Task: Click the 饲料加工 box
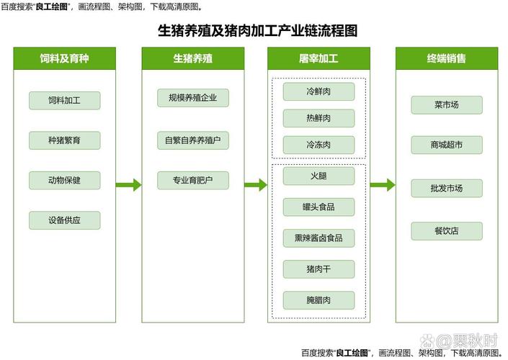[64, 100]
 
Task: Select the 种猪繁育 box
[64, 140]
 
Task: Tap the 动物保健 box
[64, 180]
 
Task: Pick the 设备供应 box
[64, 220]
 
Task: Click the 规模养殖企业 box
[193, 98]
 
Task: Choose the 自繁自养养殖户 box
[193, 140]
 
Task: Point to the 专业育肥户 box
[193, 180]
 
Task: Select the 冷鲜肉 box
[318, 91]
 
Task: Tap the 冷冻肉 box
[318, 145]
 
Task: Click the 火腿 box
[318, 176]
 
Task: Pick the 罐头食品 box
[318, 207]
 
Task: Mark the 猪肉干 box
[318, 269]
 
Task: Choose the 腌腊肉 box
[318, 300]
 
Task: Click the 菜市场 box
[447, 105]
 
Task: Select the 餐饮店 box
[447, 231]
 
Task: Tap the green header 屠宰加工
[318, 58]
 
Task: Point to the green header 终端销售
[447, 58]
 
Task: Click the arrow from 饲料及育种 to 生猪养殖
[128, 185]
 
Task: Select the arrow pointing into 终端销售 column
[383, 185]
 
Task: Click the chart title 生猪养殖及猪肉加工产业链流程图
[257, 31]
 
